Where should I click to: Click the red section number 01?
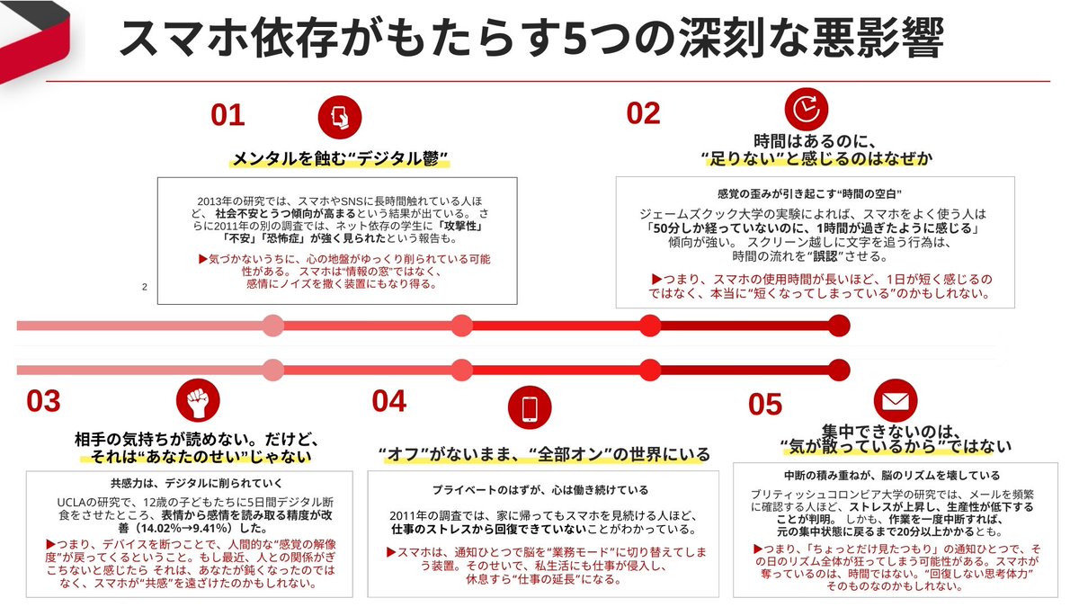click(227, 115)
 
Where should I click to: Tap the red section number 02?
click(643, 112)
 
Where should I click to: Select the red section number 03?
click(43, 401)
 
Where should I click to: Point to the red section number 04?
click(388, 401)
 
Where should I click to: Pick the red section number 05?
click(764, 405)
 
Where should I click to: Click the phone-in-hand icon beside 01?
click(341, 116)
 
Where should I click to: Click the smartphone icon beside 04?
click(528, 407)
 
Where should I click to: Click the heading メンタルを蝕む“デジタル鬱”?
click(341, 159)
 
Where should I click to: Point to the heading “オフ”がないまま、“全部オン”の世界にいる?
click(544, 453)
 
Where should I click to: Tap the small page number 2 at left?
click(144, 288)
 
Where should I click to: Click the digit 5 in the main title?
click(573, 39)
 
